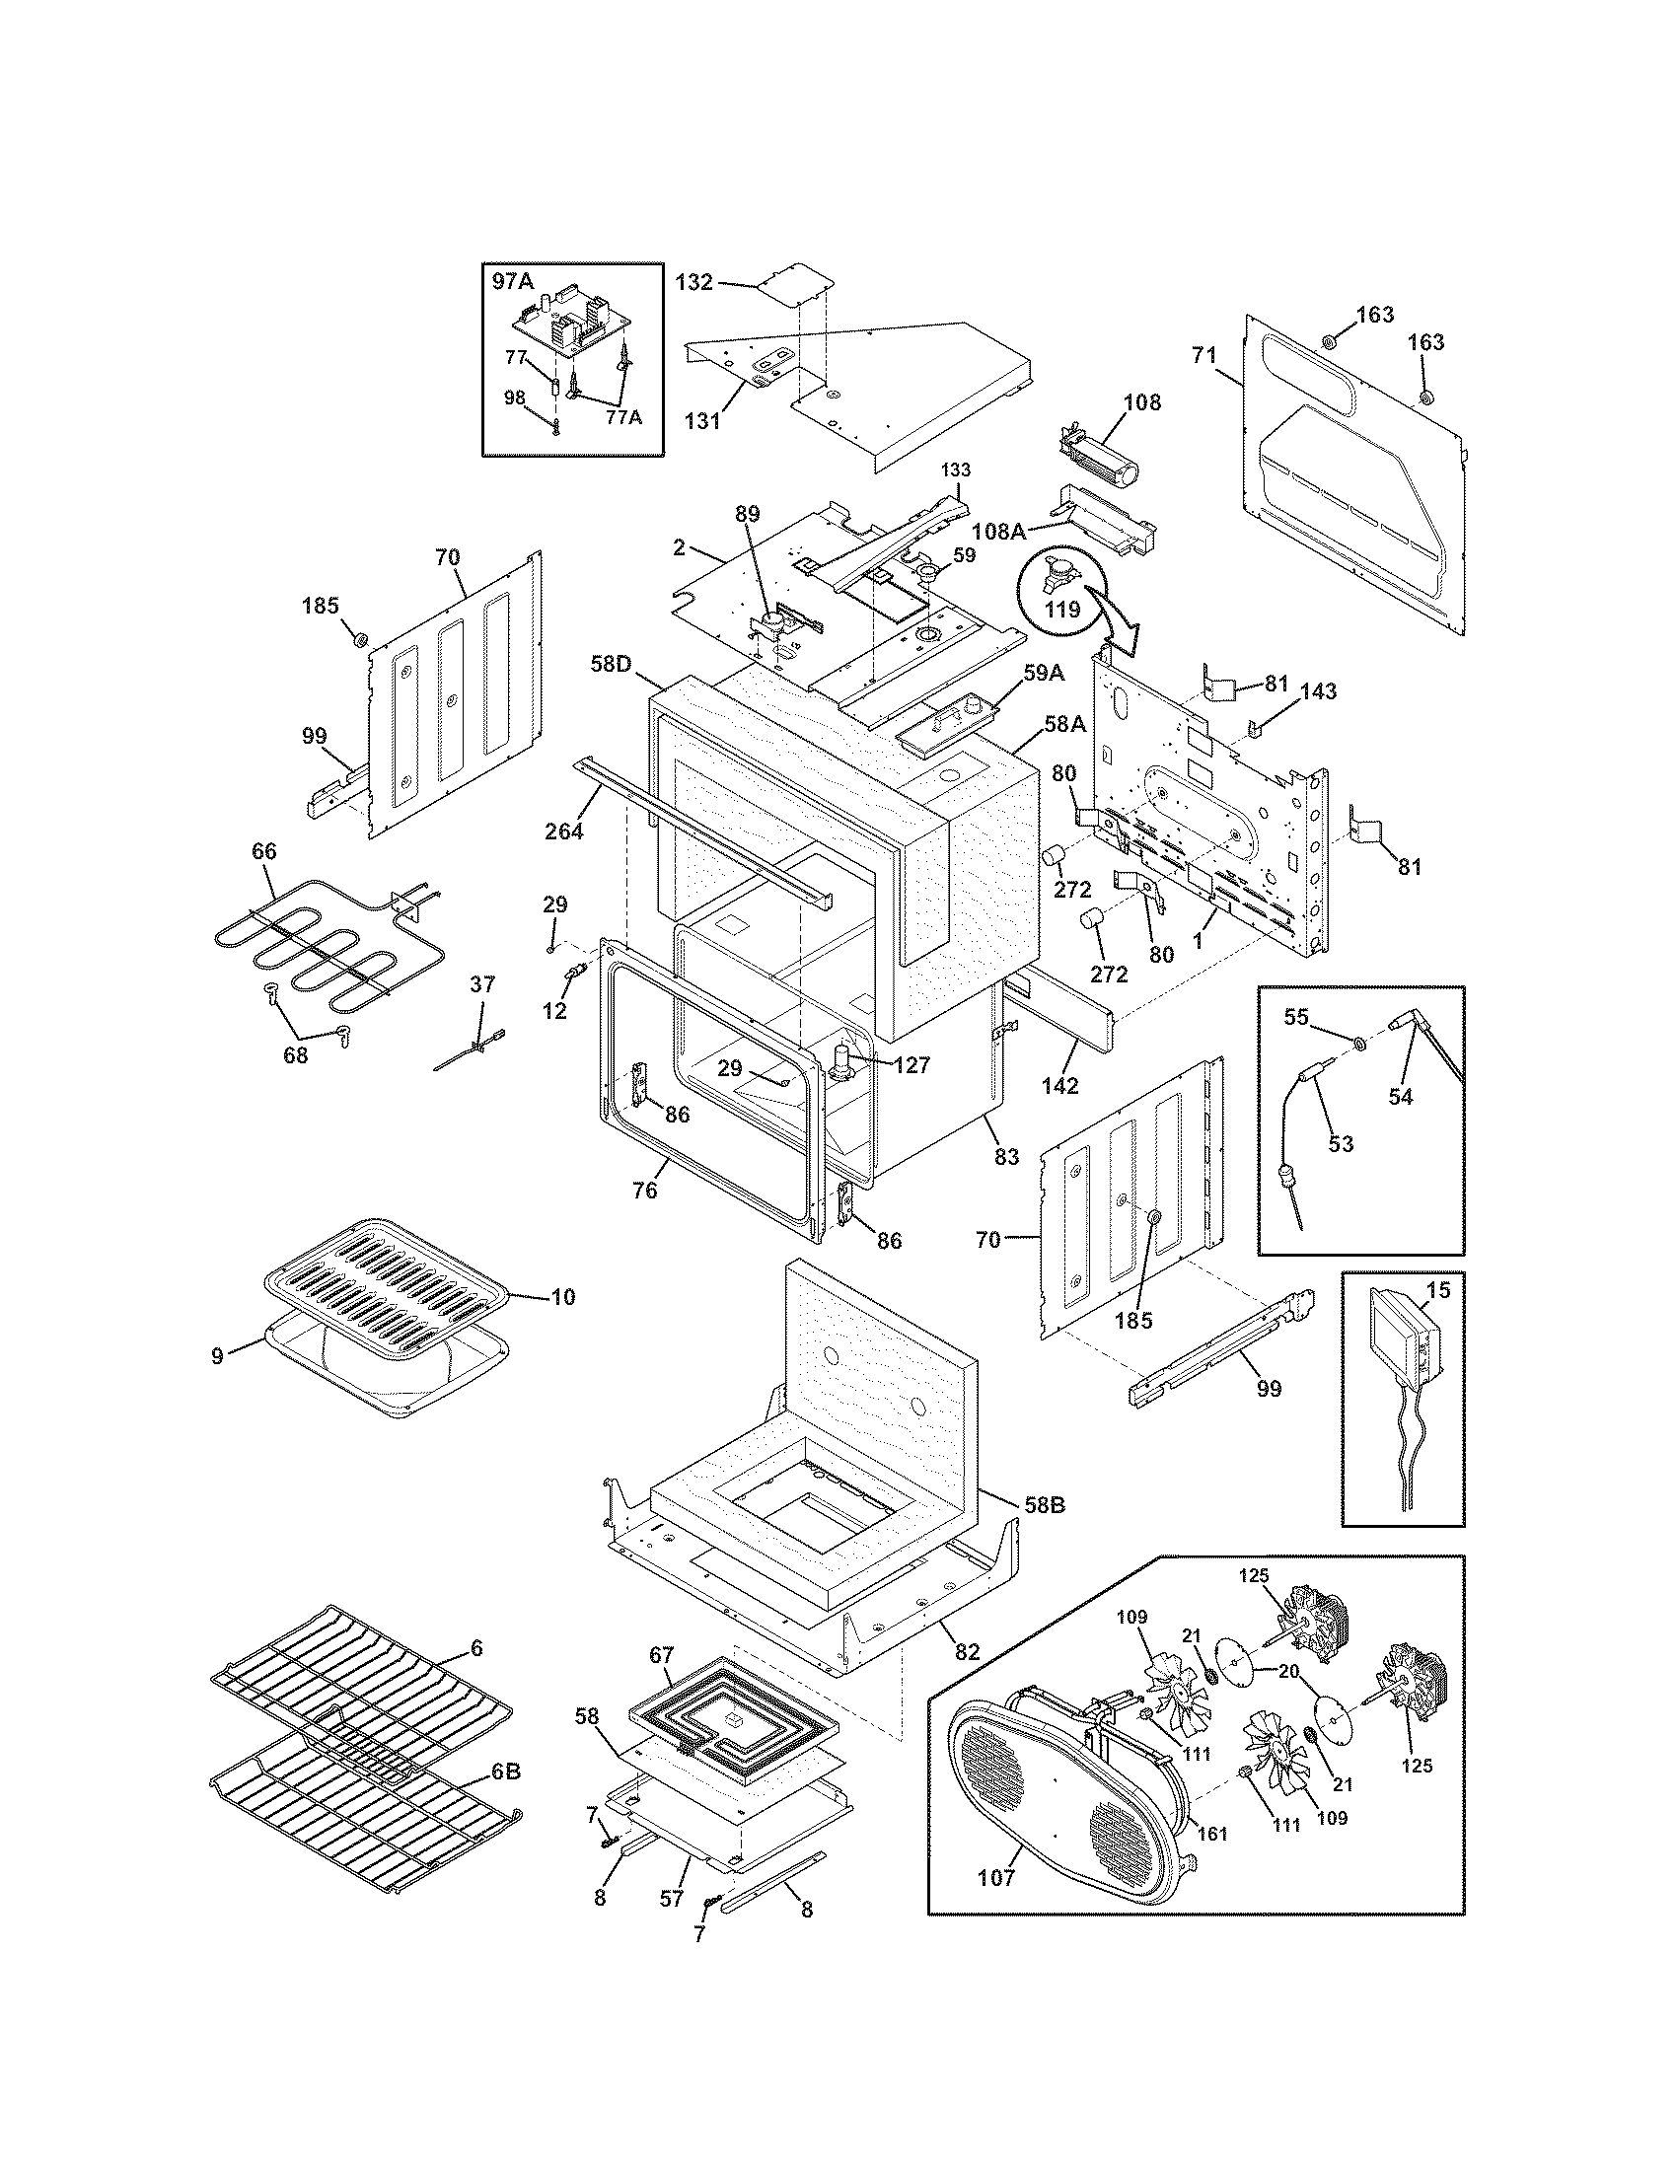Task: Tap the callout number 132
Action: pos(693,282)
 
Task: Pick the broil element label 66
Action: pos(264,851)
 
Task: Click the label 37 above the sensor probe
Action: pos(481,984)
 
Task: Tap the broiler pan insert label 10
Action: pos(562,1298)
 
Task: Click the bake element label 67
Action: pos(662,1656)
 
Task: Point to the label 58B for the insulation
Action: pos(1044,1532)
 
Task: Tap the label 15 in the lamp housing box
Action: pos(1437,1291)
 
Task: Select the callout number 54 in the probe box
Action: pos(1401,1097)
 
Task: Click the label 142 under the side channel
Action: pos(1060,1086)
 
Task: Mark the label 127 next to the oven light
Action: pos(911,1065)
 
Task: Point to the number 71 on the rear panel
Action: pos(1204,355)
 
